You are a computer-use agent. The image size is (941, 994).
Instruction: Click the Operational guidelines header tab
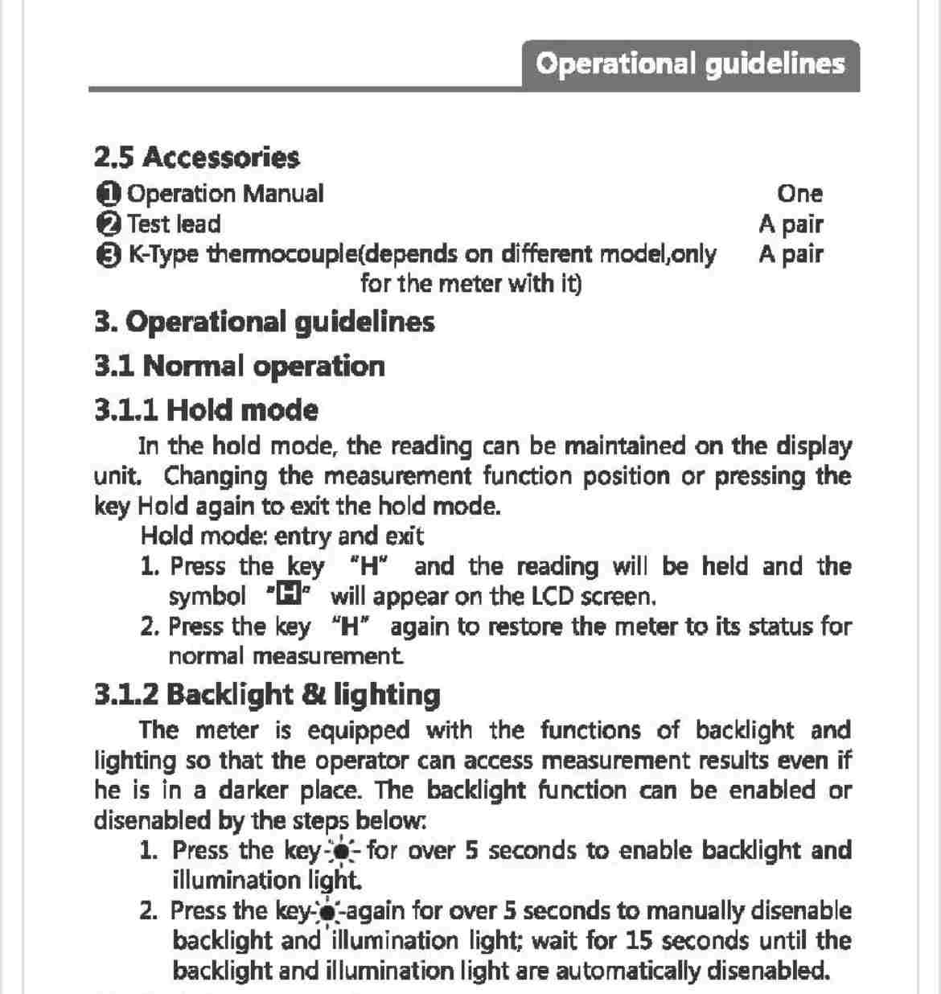[x=690, y=64]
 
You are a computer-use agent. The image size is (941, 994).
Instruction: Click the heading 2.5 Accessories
[x=197, y=157]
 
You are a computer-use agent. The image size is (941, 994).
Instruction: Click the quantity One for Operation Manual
[x=799, y=194]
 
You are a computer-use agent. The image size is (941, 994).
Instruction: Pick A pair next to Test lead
[x=791, y=224]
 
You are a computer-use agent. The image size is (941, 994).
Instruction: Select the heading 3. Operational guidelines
[x=265, y=322]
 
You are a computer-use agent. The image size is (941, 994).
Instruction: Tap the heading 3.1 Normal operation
[x=240, y=366]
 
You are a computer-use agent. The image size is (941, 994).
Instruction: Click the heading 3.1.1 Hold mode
[x=207, y=410]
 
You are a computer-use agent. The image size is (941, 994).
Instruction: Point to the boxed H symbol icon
[x=287, y=596]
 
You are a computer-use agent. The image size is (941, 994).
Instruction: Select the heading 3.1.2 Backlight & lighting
[x=267, y=694]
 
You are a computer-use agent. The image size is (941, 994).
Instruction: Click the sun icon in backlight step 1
[x=342, y=851]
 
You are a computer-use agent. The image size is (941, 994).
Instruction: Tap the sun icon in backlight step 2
[x=329, y=912]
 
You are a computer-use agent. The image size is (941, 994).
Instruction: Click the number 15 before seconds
[x=639, y=940]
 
